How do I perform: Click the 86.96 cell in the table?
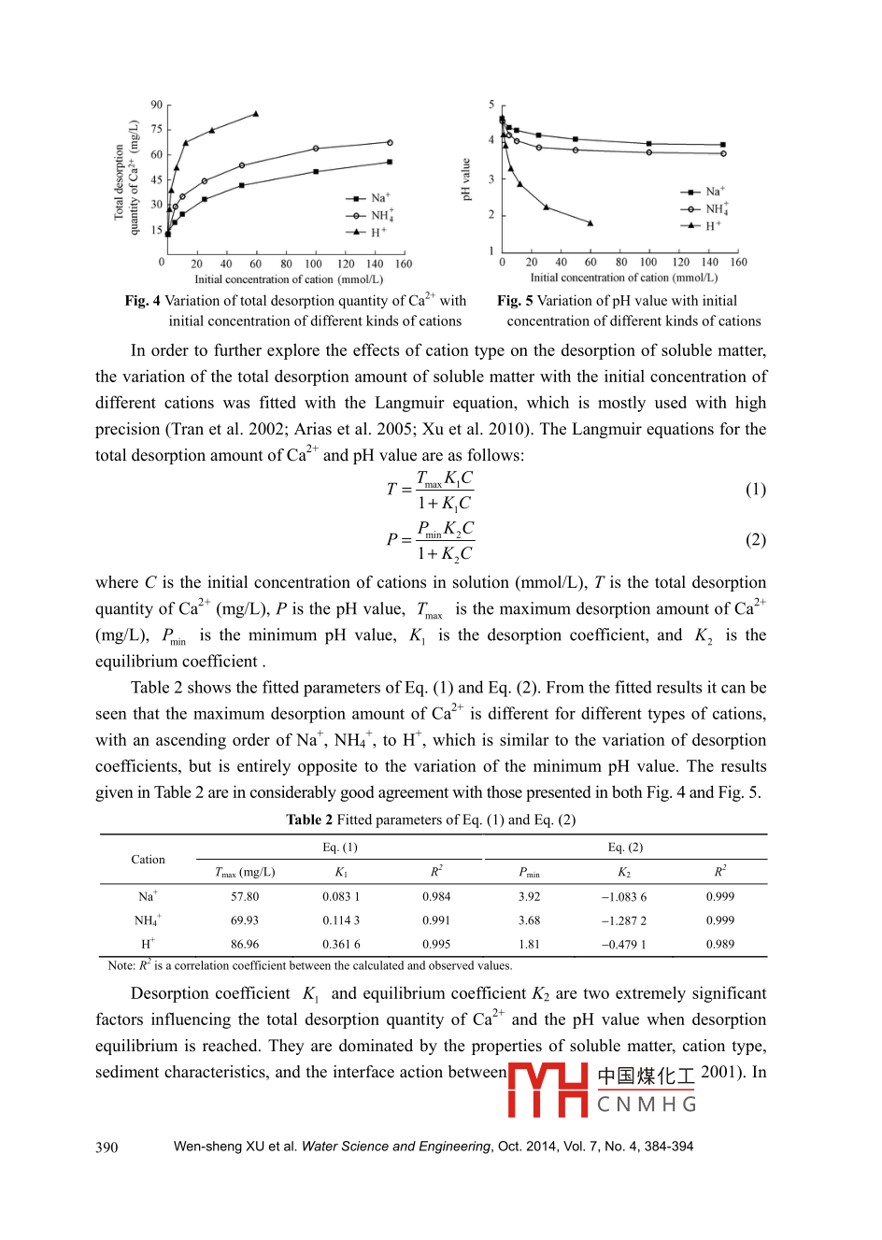coord(245,944)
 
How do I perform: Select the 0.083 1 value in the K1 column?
coord(341,896)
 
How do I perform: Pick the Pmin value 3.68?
coord(529,920)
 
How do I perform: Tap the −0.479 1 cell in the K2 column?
coord(623,944)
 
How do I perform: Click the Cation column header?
coord(148,860)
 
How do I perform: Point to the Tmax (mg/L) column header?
coord(245,872)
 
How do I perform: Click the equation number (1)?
coord(755,490)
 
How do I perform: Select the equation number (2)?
coord(755,540)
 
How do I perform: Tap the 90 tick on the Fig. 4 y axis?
coord(156,105)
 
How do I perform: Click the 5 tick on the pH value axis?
coord(491,105)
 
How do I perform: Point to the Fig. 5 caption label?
coord(515,301)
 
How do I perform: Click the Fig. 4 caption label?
coord(143,301)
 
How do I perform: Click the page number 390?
coord(107,1147)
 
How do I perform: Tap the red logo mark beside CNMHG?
coord(548,1090)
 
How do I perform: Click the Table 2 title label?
coord(309,820)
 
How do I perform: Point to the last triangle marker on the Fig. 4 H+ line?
coord(256,114)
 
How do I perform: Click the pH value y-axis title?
coord(465,179)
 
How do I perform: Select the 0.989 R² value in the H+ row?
coord(719,944)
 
